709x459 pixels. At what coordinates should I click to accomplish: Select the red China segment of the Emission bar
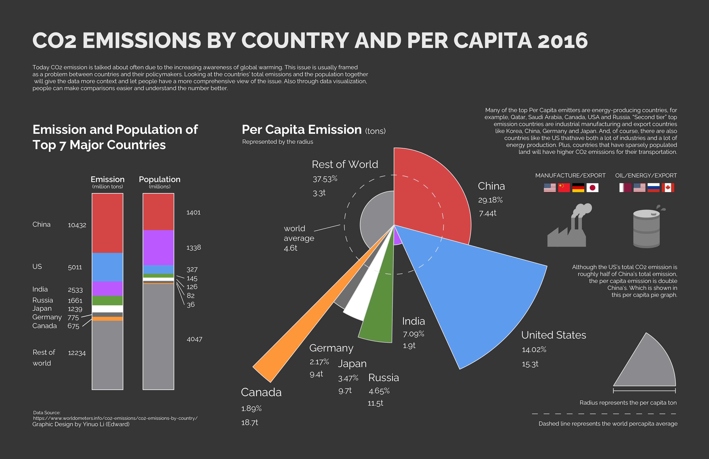point(107,223)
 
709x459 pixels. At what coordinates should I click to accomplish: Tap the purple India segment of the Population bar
point(158,247)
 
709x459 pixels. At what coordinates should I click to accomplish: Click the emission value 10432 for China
point(77,225)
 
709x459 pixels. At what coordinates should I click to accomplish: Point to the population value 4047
point(194,339)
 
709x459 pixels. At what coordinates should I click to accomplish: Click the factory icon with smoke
point(567,227)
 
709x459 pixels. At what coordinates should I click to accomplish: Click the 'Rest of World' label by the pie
point(345,164)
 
